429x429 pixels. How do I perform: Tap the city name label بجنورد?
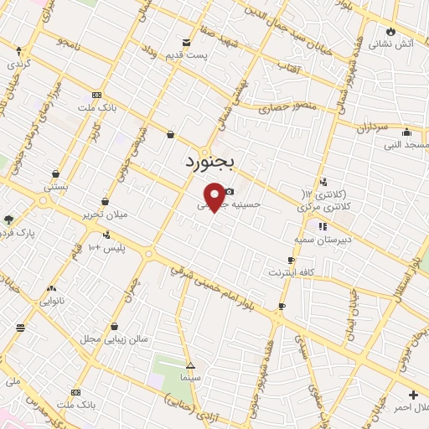tap(212, 160)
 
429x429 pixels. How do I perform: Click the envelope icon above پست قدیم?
tap(186, 41)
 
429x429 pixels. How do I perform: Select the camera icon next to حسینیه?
tap(229, 192)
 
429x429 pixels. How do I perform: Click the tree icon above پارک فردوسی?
tap(9, 220)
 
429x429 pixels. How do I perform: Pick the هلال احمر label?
tap(412, 406)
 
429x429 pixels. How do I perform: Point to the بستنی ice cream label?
tap(56, 186)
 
